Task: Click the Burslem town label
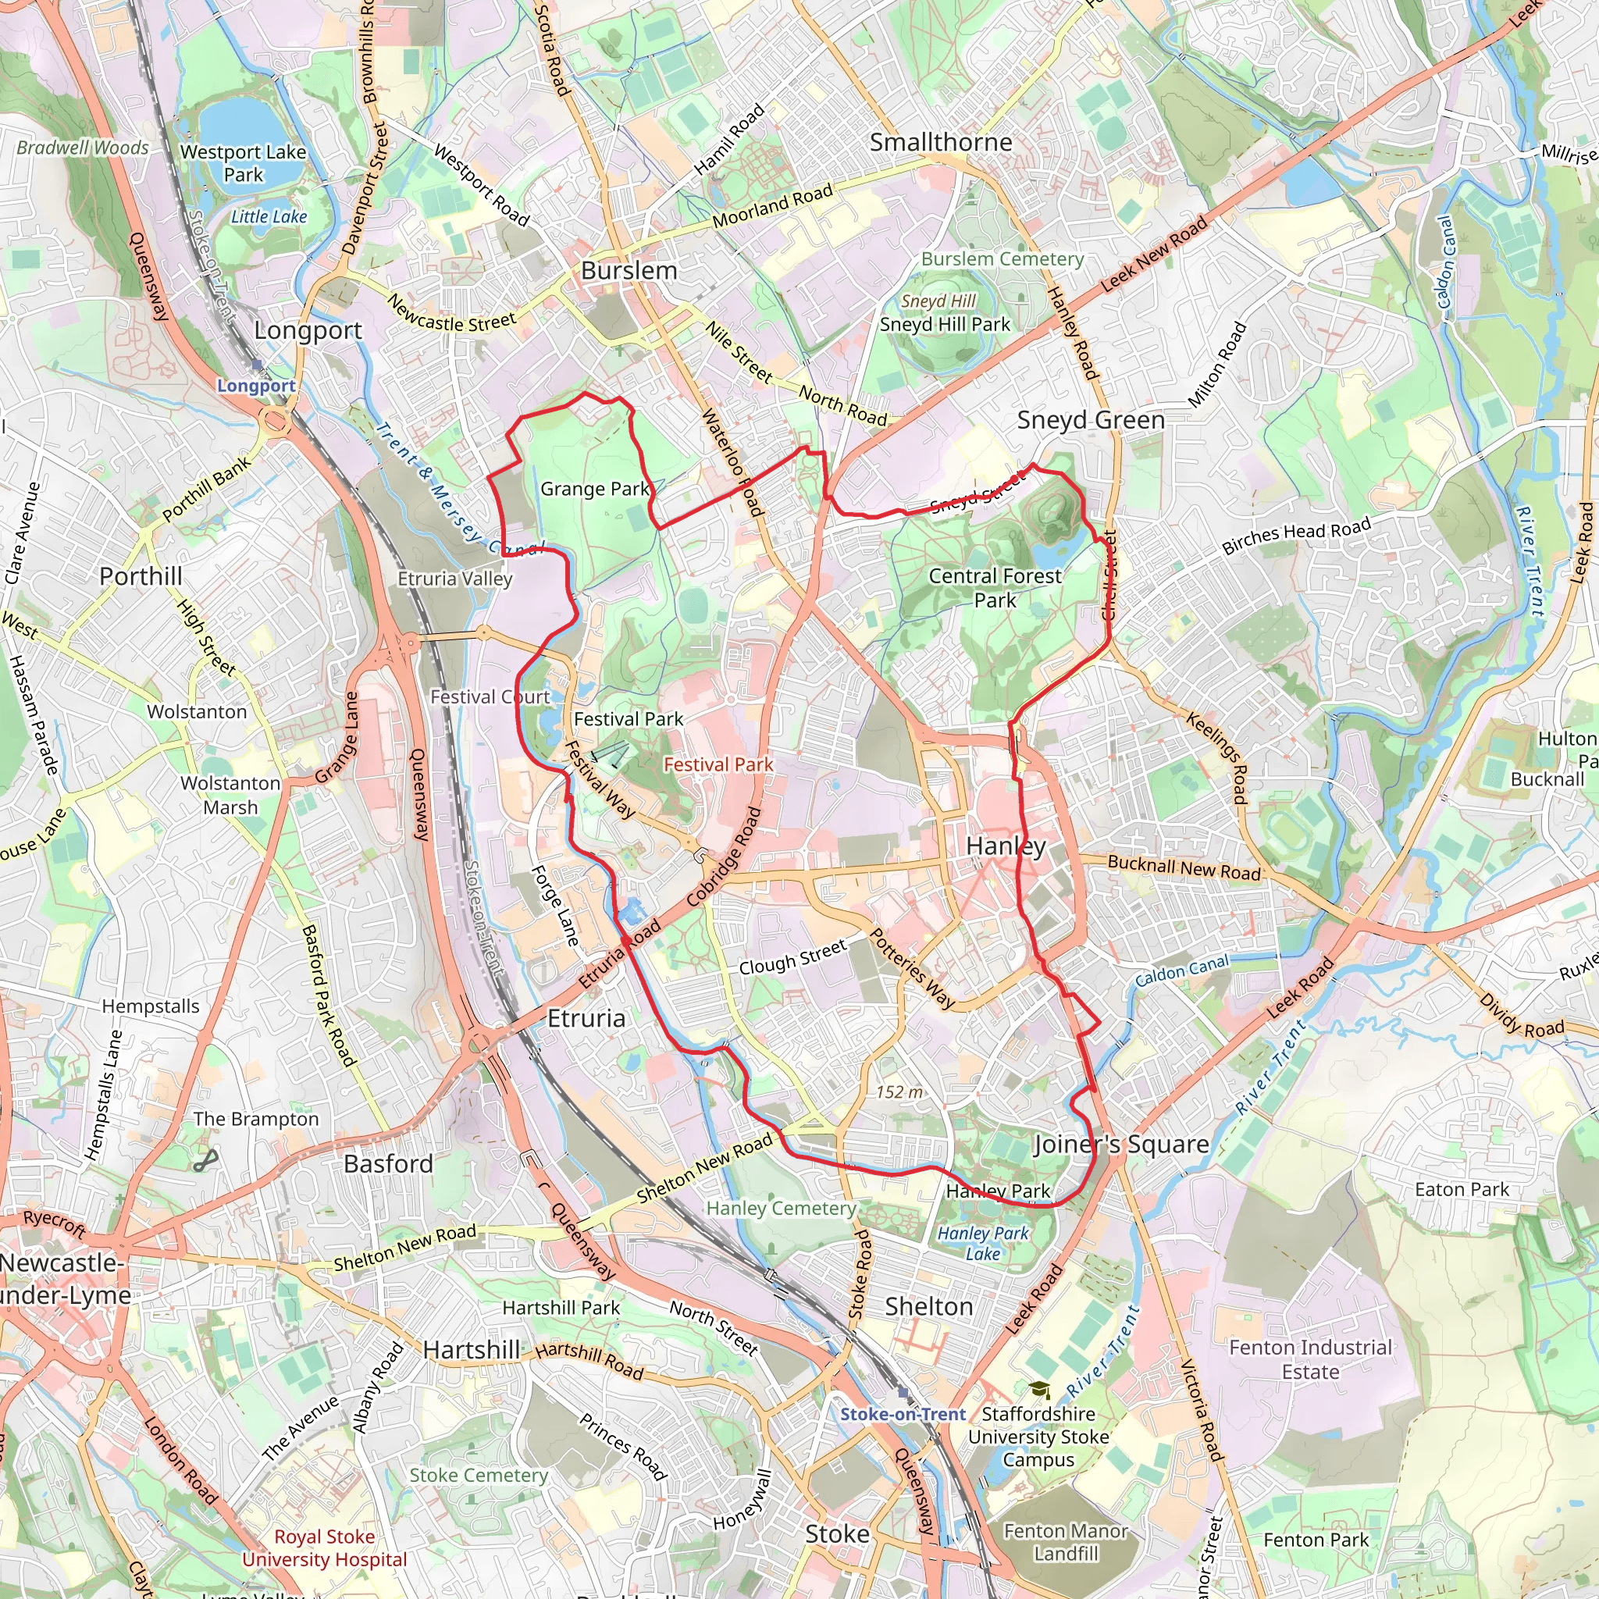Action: (x=629, y=271)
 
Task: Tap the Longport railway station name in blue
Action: (x=257, y=386)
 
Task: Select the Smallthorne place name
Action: (x=941, y=142)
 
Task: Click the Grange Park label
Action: (x=595, y=489)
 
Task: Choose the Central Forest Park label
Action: (x=995, y=588)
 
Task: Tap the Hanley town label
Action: (x=1006, y=846)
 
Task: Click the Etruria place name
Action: (x=587, y=1018)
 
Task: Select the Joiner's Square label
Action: (x=1121, y=1145)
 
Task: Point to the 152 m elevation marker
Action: (x=899, y=1092)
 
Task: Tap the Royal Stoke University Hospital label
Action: (x=325, y=1547)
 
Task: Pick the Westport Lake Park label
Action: (x=244, y=163)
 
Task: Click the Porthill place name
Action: (x=141, y=576)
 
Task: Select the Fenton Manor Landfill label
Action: (x=1066, y=1543)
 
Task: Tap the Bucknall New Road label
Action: (x=1184, y=868)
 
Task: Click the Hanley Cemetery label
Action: (x=782, y=1209)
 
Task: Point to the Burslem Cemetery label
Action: (x=1002, y=259)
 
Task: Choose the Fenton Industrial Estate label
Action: (x=1311, y=1360)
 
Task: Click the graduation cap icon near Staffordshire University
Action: (x=1039, y=1391)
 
